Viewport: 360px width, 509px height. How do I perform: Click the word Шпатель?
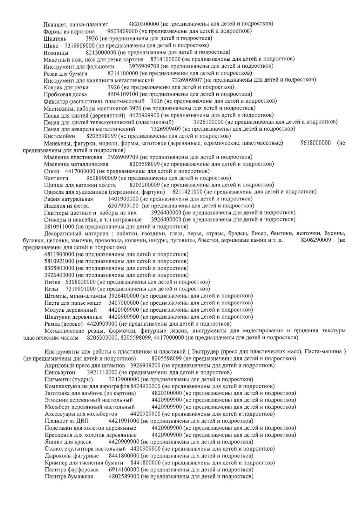[55, 39]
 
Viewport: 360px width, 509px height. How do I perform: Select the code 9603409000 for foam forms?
[122, 31]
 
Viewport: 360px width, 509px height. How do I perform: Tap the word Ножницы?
[56, 52]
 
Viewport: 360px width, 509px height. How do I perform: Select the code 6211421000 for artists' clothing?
[187, 192]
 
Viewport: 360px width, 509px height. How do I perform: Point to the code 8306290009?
[316, 241]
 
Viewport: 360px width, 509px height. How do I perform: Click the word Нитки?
[53, 282]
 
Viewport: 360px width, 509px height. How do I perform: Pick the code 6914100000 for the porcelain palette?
[124, 470]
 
